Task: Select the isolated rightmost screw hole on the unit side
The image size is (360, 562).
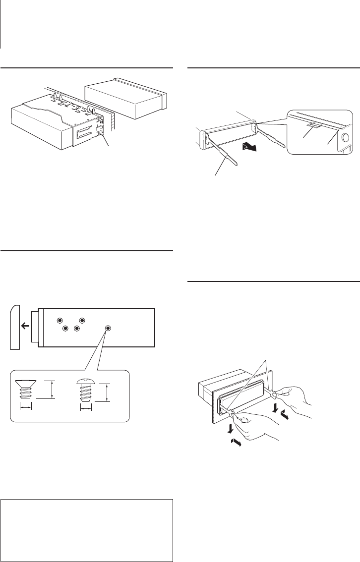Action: click(108, 328)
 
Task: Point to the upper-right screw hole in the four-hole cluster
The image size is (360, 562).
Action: click(82, 321)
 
